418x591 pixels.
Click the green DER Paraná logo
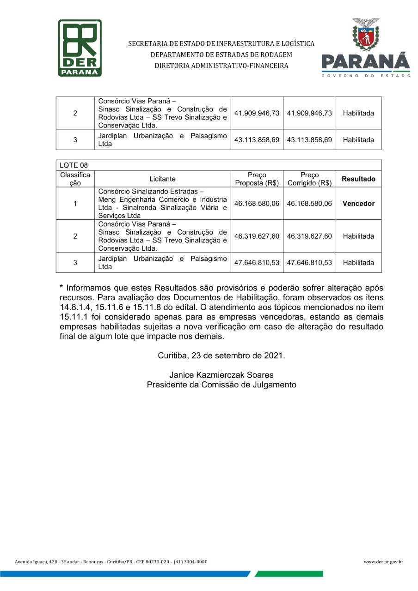point(80,48)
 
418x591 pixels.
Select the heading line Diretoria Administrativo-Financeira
point(221,66)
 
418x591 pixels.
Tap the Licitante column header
point(162,179)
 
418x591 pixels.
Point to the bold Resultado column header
point(358,179)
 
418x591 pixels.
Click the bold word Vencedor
point(358,204)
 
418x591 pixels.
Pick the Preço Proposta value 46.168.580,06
point(257,204)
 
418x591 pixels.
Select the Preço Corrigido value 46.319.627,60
point(309,236)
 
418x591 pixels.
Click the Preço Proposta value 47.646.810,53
point(257,263)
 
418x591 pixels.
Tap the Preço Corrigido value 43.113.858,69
point(309,139)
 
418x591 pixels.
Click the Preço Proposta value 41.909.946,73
point(257,113)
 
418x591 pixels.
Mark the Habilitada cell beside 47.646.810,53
point(358,263)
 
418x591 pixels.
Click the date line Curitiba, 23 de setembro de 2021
point(221,356)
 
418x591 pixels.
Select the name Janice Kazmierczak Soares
point(221,375)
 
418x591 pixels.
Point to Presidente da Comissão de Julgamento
point(221,385)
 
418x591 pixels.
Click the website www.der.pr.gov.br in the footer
point(383,562)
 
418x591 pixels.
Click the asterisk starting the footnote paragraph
point(61,286)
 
